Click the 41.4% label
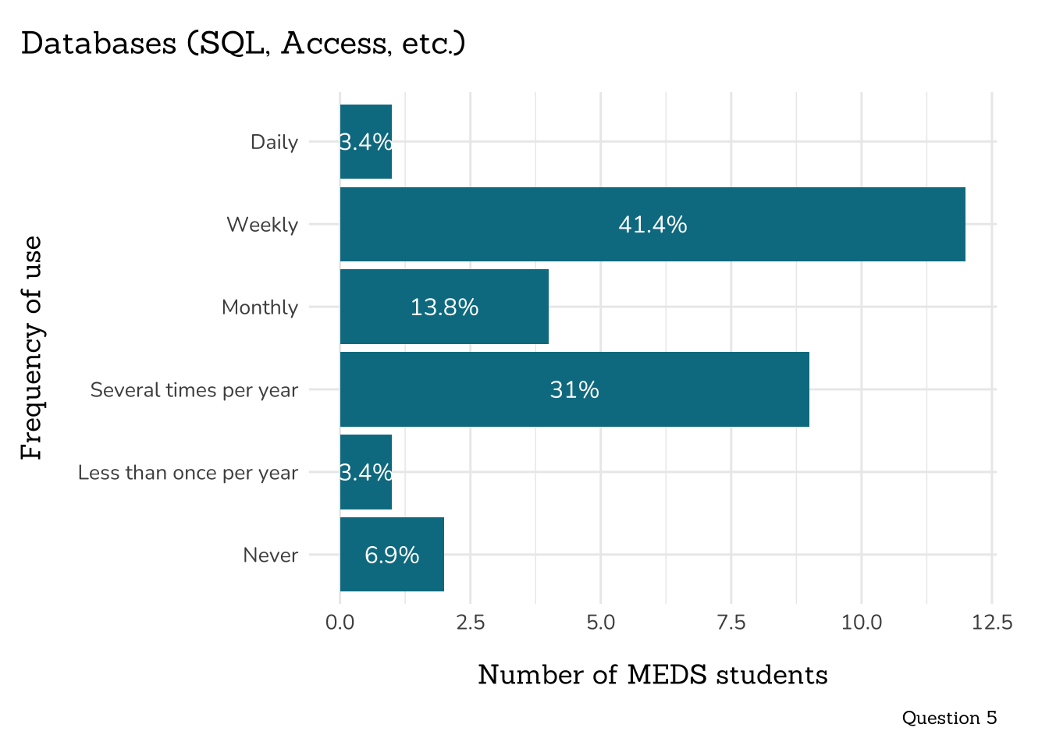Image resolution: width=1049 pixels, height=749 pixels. coord(653,225)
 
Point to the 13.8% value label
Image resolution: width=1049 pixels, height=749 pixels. coord(444,307)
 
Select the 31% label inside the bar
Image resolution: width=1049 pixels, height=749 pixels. coord(574,390)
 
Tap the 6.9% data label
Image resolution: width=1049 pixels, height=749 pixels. coord(392,556)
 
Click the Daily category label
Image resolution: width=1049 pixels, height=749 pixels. coord(274,142)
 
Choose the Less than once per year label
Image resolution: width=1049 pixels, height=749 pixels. coord(188,473)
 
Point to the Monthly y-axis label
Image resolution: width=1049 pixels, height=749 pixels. coord(260,307)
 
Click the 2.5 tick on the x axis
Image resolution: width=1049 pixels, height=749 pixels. coord(471,623)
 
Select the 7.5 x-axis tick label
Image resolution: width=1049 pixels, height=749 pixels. coord(731,623)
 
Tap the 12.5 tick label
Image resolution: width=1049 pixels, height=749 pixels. coord(992,623)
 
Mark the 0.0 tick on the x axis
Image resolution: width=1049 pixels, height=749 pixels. coord(340,623)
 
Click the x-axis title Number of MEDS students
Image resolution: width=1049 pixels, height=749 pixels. coord(653,675)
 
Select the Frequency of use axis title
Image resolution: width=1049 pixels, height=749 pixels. coord(32,348)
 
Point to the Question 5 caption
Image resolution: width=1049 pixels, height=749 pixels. coord(949,718)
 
